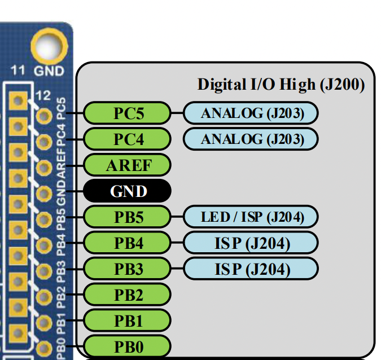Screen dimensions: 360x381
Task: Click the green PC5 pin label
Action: pos(127,113)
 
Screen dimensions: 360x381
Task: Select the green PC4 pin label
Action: pos(127,139)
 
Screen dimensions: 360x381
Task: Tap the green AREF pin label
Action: pos(127,165)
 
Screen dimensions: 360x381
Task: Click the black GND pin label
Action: pos(127,191)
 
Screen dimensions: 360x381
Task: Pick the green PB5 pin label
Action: pos(127,217)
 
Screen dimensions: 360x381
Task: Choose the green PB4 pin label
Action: pos(127,243)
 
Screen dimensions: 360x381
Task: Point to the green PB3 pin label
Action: pos(127,269)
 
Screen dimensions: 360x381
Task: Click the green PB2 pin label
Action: pos(127,295)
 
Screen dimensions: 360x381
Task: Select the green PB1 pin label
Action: pos(127,321)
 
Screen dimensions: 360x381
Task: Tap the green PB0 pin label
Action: pos(127,345)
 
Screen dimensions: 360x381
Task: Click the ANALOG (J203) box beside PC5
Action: pos(251,113)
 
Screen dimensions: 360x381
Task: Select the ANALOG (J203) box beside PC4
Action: pos(251,139)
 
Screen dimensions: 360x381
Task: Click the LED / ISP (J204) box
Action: pos(251,217)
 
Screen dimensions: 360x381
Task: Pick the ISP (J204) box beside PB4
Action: pos(251,243)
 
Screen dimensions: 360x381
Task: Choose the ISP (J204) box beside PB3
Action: pos(251,269)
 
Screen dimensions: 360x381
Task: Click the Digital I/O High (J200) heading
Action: pos(281,85)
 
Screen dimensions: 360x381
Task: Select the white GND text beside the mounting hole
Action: pos(49,72)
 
